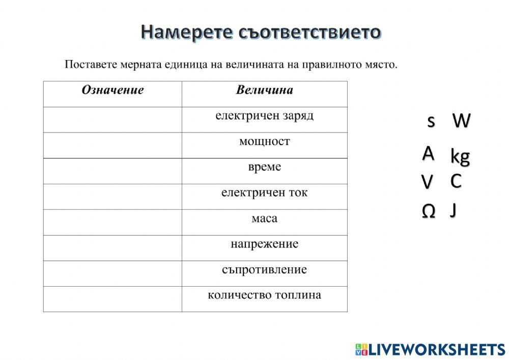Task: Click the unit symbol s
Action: (x=431, y=121)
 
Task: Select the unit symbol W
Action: (x=462, y=121)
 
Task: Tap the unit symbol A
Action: (x=429, y=153)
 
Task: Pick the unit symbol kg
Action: (x=460, y=156)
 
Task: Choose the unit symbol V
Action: (x=428, y=181)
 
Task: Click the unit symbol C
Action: (x=456, y=181)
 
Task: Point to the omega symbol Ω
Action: (x=429, y=212)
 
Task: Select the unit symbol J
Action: (x=453, y=210)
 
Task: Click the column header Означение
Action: (x=112, y=91)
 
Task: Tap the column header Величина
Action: (x=264, y=91)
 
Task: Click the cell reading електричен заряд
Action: (x=264, y=116)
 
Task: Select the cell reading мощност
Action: (x=264, y=142)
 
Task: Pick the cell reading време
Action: (x=264, y=167)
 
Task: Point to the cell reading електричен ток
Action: (x=264, y=193)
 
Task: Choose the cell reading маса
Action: (x=264, y=218)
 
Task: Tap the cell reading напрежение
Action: (x=264, y=244)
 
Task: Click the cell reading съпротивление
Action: (x=264, y=269)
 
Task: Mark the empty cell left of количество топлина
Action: (x=112, y=299)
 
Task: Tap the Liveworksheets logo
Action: (x=430, y=349)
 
